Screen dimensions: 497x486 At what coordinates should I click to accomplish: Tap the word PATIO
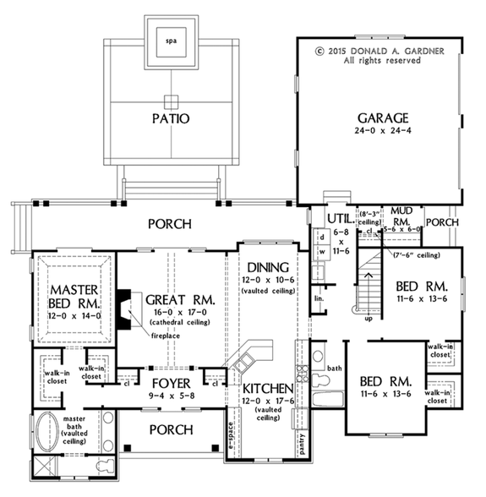coord(171,118)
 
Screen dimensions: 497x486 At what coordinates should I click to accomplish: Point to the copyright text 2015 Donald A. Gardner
coord(382,50)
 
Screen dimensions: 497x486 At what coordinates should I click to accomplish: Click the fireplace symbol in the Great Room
coord(124,302)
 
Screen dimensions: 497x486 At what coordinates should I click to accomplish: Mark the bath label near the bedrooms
coord(336,369)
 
